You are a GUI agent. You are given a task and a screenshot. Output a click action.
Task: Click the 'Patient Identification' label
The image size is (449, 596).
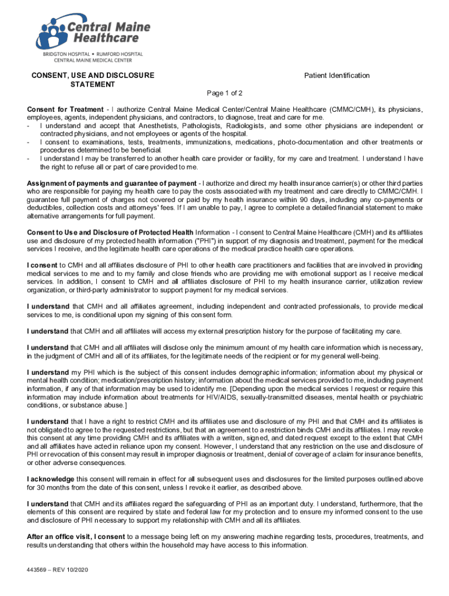click(337, 75)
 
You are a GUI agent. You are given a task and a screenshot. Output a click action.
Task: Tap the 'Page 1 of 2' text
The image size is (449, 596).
click(224, 93)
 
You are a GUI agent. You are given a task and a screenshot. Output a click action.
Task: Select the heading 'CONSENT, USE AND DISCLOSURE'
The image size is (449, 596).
click(93, 75)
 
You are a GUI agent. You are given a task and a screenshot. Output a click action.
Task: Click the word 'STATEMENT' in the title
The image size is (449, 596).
click(93, 84)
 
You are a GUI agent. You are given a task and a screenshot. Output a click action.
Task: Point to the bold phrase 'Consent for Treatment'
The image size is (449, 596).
click(65, 109)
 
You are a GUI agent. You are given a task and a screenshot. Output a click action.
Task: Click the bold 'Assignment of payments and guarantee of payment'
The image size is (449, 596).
click(111, 183)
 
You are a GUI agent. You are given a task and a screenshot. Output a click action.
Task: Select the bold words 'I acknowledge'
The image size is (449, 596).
click(50, 479)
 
